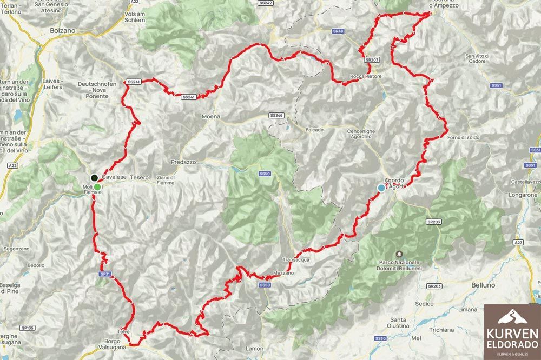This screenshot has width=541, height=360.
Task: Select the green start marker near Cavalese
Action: (x=97, y=187)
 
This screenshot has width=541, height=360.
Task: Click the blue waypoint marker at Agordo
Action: (x=381, y=188)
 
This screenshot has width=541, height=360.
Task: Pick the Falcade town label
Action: (x=314, y=130)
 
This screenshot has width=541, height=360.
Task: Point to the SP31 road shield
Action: (x=105, y=274)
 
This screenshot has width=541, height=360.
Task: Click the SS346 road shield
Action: (x=276, y=116)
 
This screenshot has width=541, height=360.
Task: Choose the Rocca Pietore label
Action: (x=366, y=76)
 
